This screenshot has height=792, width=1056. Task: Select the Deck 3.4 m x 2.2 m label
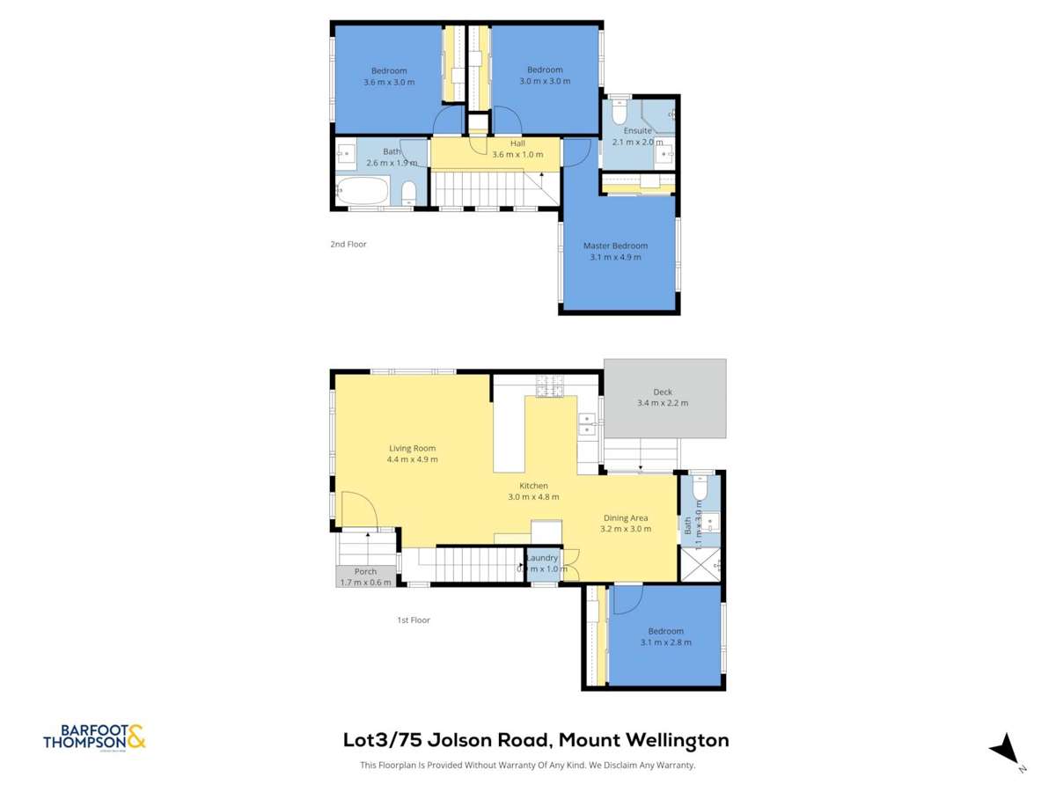[663, 398]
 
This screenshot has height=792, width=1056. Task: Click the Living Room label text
[413, 448]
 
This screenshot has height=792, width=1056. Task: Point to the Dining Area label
[626, 518]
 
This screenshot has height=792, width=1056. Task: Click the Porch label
[365, 572]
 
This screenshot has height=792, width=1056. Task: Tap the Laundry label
[542, 558]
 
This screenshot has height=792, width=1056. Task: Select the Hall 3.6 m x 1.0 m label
[517, 143]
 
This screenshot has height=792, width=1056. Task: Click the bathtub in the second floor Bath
[362, 190]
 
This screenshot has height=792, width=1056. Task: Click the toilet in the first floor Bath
[700, 487]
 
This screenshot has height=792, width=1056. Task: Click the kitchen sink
[587, 424]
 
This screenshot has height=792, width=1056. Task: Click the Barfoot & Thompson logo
[94, 737]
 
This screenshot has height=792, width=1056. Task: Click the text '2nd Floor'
[348, 245]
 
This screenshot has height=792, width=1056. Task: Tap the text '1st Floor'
[413, 620]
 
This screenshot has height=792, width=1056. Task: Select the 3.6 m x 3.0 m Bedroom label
[388, 77]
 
